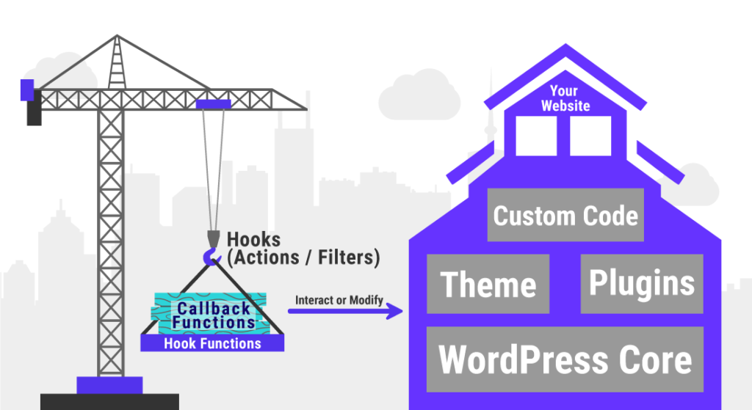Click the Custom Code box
tap(565, 215)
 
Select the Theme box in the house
tap(488, 284)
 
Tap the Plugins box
tap(641, 284)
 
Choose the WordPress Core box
tap(565, 359)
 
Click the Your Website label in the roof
tap(565, 99)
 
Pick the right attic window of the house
tap(591, 137)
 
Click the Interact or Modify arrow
tap(345, 312)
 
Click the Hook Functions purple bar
tap(211, 343)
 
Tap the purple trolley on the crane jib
tap(213, 104)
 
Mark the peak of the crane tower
tap(116, 38)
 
